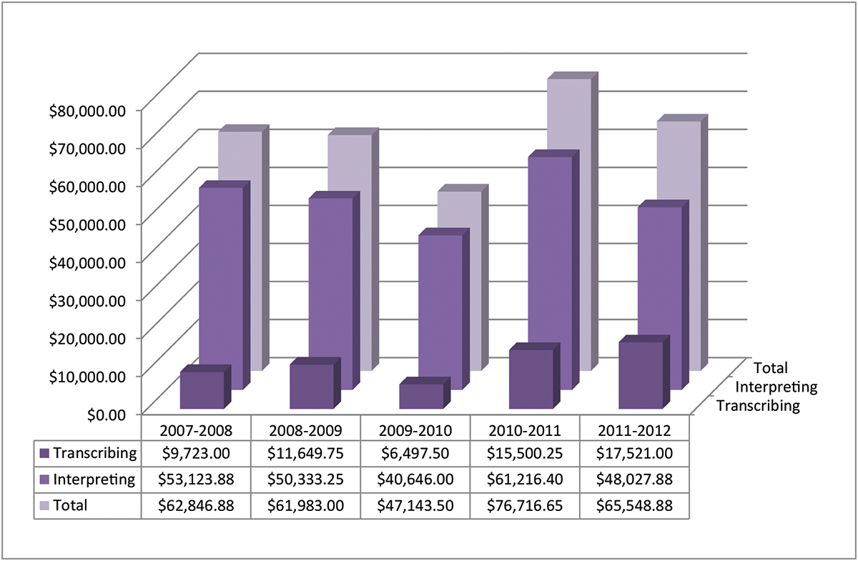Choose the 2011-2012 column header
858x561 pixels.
[634, 430]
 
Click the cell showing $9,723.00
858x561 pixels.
[196, 453]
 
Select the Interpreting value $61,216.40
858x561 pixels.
[525, 479]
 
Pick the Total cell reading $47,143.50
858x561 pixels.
[415, 505]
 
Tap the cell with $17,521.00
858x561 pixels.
[634, 453]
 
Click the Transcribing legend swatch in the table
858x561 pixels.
[44, 453]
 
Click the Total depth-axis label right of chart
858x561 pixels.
[770, 368]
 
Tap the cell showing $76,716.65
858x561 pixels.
[525, 505]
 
